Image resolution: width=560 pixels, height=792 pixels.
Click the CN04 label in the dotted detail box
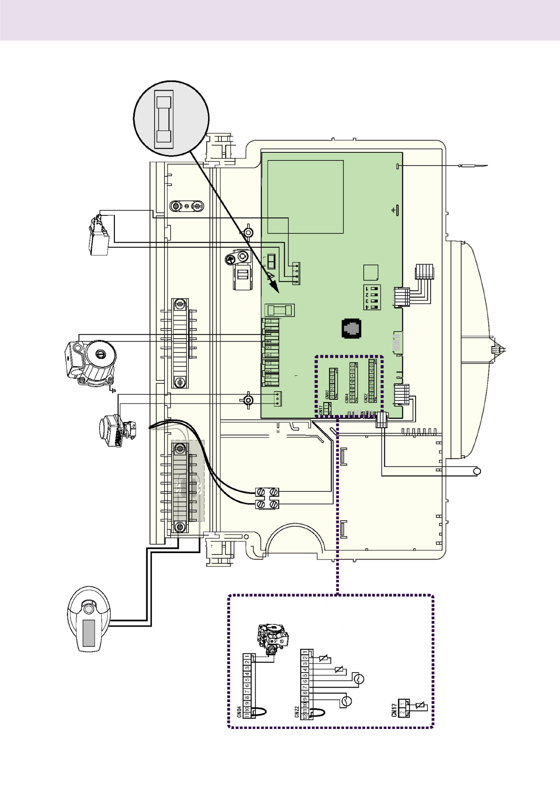240,711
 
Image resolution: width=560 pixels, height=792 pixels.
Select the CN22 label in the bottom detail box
297,711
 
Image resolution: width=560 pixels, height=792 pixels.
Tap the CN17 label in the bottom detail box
394,710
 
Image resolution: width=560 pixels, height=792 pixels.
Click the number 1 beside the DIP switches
367,288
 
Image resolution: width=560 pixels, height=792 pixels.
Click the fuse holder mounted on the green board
280,310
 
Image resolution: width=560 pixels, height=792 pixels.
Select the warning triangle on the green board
271,276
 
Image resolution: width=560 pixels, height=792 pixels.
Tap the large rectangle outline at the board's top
305,197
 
